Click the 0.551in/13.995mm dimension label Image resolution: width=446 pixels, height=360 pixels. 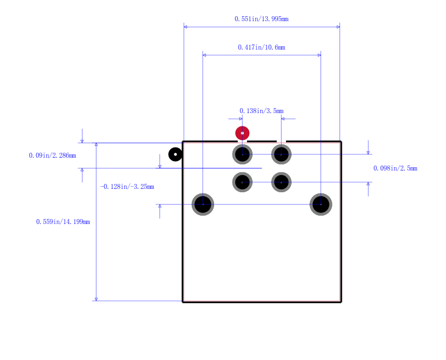pos(261,19)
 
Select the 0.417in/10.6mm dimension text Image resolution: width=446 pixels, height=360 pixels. pos(261,47)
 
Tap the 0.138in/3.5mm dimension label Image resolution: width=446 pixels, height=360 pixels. pos(261,111)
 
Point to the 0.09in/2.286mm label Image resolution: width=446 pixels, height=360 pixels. pos(52,155)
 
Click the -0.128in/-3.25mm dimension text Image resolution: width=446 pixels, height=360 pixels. pos(127,187)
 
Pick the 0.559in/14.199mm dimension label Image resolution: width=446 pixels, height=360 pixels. pos(63,222)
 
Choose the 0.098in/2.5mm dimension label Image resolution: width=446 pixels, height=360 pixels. pos(395,168)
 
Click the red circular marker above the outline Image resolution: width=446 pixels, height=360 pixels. pos(243,133)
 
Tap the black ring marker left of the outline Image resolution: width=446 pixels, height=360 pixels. pos(176,154)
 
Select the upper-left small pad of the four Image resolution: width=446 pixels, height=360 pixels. pos(243,154)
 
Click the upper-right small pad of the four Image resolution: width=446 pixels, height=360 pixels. pos(282,154)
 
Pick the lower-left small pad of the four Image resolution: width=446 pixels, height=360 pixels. pos(243,182)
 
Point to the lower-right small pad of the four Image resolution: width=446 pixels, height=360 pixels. pos(282,182)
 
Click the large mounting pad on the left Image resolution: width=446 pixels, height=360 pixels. pos(203,205)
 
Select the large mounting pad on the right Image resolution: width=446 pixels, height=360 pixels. pos(321,205)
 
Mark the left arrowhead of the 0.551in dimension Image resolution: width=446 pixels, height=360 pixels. pos(186,27)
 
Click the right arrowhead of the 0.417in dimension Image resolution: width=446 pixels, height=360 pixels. pos(319,55)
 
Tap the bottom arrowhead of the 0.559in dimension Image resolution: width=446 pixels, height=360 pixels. pos(96,299)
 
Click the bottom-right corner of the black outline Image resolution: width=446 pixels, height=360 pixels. pos(341,302)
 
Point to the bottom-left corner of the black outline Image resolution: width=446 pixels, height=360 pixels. pos(183,302)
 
